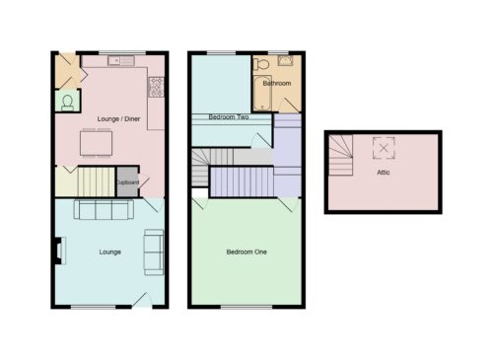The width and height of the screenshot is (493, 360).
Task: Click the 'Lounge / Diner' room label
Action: (x=118, y=119)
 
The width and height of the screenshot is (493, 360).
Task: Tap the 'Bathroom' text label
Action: (x=277, y=83)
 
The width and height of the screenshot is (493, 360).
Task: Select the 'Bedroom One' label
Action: (x=246, y=252)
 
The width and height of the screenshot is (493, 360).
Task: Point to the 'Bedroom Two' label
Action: (x=229, y=116)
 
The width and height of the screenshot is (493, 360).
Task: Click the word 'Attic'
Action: (x=384, y=172)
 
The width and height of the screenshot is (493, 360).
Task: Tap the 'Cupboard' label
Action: (x=128, y=182)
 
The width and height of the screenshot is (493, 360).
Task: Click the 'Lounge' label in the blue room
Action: (x=110, y=252)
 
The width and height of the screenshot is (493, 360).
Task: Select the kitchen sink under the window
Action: (x=121, y=60)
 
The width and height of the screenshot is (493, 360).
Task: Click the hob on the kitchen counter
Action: (x=156, y=87)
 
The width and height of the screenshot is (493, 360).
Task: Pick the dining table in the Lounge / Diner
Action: (x=96, y=143)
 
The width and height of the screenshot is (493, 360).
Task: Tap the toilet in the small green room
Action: (x=67, y=103)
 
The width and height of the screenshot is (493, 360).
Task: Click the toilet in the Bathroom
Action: (x=261, y=64)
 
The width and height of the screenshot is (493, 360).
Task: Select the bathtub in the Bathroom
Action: (x=262, y=94)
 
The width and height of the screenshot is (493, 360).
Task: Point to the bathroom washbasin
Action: (x=285, y=60)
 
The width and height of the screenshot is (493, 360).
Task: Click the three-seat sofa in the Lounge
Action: (x=104, y=209)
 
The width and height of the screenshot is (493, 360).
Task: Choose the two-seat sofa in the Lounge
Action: (x=154, y=252)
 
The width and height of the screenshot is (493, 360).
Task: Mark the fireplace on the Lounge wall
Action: (x=60, y=251)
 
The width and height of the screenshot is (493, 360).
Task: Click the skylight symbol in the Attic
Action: (x=384, y=148)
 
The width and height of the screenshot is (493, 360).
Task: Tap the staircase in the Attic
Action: (x=341, y=155)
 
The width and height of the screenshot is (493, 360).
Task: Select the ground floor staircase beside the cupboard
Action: (x=97, y=181)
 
